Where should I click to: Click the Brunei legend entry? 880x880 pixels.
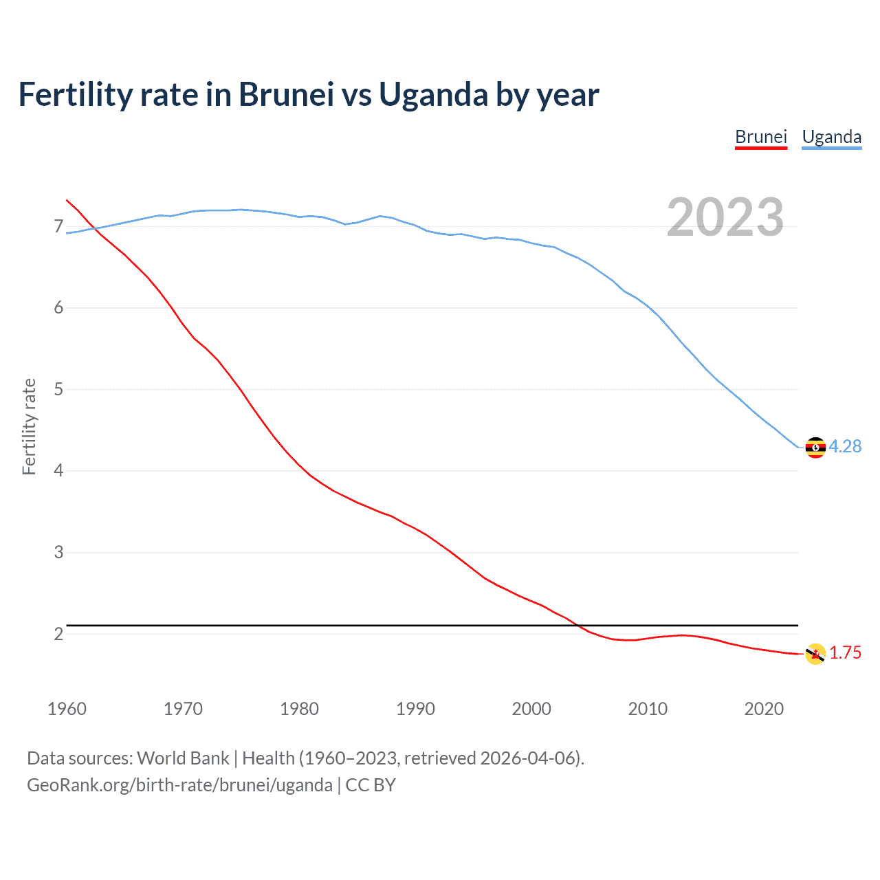point(760,137)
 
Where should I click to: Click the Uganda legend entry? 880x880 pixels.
point(831,137)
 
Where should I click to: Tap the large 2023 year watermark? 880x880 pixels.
point(725,217)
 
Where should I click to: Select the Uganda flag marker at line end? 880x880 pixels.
point(815,447)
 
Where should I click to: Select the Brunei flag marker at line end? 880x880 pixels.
point(815,654)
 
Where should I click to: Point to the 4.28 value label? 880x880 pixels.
point(845,446)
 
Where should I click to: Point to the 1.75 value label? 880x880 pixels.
point(845,652)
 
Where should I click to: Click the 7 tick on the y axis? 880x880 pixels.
point(58,226)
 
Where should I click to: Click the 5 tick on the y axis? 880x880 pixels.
point(58,389)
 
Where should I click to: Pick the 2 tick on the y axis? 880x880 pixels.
point(58,634)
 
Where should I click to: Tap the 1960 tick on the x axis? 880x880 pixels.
point(67,709)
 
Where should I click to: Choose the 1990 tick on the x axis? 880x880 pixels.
point(415,709)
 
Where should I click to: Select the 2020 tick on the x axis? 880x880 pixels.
point(764,709)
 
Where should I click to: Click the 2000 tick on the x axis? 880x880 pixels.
point(531,709)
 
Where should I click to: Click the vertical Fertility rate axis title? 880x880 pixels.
point(29,426)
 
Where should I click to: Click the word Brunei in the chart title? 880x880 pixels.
point(286,94)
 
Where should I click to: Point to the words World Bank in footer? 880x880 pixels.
point(183,758)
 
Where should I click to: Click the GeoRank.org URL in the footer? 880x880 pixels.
point(179,785)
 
